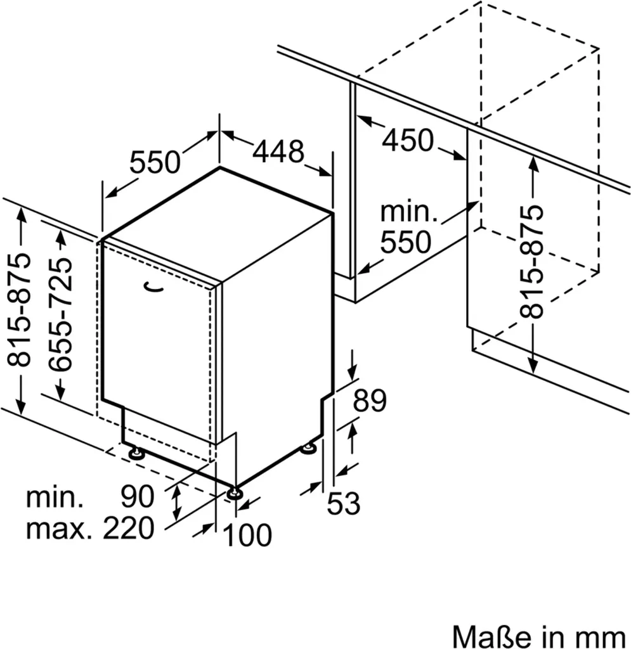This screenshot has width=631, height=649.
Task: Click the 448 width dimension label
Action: coord(278,152)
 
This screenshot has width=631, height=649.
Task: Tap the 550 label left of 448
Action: coord(155,164)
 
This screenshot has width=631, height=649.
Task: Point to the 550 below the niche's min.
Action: coord(406,241)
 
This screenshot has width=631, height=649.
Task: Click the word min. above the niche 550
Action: coord(409,213)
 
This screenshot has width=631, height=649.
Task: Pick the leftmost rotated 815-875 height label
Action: coord(22,311)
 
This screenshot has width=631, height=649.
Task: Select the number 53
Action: coord(344,504)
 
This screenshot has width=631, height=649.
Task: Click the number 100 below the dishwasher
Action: coord(247,536)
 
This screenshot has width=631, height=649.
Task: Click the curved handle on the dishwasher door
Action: coord(154,288)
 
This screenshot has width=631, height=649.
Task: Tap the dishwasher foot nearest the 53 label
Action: coord(309,449)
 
